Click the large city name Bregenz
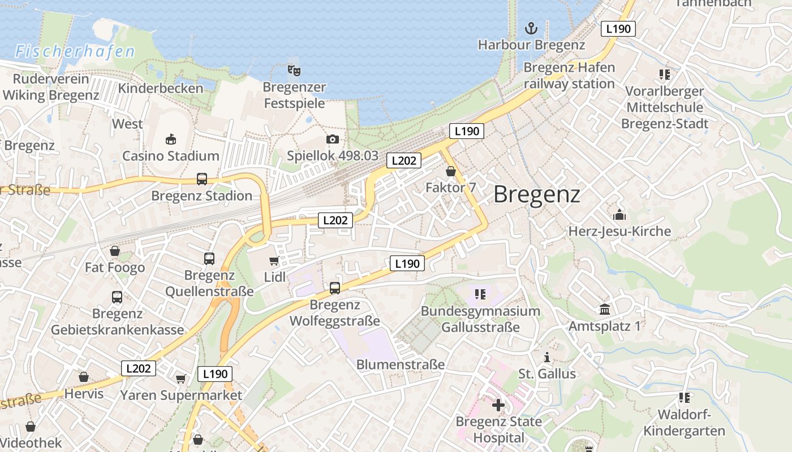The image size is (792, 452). coord(536,195)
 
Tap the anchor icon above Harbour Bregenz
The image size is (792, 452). coord(531,28)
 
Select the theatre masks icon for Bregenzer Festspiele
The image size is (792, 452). coord(294,70)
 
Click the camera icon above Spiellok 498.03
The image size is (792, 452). coord(333,139)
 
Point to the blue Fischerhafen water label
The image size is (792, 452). coord(75,52)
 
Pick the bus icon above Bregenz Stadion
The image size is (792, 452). coord(202,179)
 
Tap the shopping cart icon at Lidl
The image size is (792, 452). coord(274,260)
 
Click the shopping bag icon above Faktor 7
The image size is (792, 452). coord(451,171)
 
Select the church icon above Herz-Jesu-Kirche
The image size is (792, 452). coord(619,215)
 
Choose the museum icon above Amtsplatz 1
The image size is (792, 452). coord(605,309)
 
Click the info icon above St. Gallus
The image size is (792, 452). coord(547,357)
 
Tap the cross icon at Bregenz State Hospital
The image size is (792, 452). coord(498,405)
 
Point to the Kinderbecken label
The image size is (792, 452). coord(160,88)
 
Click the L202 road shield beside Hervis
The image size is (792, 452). coord(139,368)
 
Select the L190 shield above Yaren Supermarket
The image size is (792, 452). coord(215,373)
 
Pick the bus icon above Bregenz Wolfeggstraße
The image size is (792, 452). coord(335,288)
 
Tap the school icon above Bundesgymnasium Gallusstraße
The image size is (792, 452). coord(480,294)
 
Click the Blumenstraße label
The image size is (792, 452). coord(400,364)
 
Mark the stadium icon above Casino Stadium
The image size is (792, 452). coord(171,139)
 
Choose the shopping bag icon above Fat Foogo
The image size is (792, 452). coord(115,250)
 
